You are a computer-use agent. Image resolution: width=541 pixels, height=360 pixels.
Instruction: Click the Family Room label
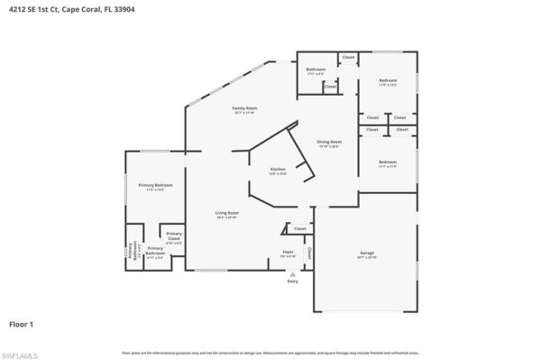pyautogui.click(x=244, y=108)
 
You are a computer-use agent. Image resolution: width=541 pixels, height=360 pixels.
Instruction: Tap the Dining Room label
pyautogui.click(x=329, y=142)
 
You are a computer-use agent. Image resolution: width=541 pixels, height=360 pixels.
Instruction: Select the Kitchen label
pyautogui.click(x=279, y=170)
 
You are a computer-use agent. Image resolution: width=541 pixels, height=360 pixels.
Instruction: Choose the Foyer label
pyautogui.click(x=288, y=252)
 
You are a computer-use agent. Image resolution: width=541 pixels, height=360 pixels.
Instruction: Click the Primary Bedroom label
pyautogui.click(x=155, y=185)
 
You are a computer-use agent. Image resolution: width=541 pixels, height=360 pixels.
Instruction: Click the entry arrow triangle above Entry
pyautogui.click(x=291, y=272)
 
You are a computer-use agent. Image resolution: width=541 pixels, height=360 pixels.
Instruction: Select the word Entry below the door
pyautogui.click(x=292, y=282)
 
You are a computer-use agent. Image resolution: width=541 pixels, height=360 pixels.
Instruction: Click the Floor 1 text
pyautogui.click(x=21, y=323)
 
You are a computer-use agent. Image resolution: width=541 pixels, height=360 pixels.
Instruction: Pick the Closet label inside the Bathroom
pyautogui.click(x=330, y=87)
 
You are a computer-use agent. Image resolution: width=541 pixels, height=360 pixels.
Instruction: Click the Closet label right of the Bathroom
pyautogui.click(x=349, y=57)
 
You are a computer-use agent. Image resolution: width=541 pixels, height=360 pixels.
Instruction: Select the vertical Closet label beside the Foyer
pyautogui.click(x=309, y=253)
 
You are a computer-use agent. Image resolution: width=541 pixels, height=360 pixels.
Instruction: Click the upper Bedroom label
pyautogui.click(x=389, y=80)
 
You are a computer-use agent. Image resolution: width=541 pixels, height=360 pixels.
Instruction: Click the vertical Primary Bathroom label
pyautogui.click(x=131, y=252)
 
